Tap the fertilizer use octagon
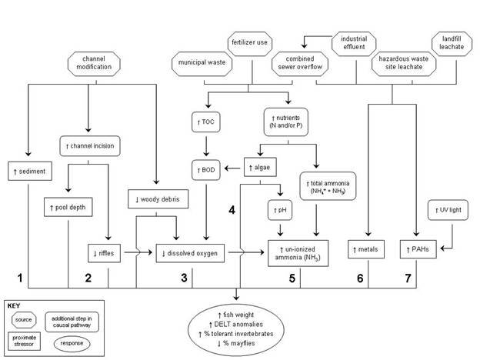pos(250,42)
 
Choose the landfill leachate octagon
pos(452,42)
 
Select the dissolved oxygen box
pos(187,250)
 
